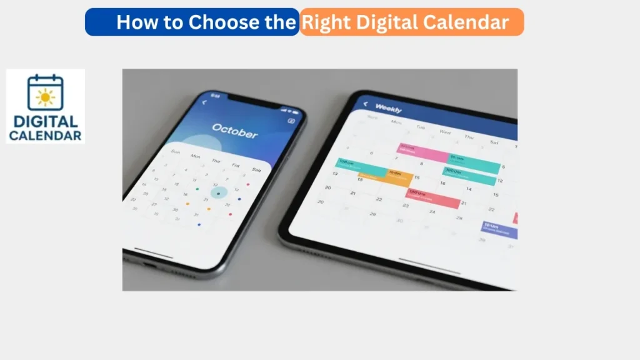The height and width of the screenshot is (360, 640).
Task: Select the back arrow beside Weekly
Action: (365, 104)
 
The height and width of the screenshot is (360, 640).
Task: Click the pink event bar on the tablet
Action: (423, 152)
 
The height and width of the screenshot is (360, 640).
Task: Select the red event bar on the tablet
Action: (433, 198)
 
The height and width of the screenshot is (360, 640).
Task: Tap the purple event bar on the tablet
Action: (499, 230)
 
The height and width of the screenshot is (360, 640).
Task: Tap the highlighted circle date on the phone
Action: (218, 193)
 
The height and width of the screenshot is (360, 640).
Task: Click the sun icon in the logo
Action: (45, 97)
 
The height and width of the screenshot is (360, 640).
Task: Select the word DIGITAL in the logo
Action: (45, 122)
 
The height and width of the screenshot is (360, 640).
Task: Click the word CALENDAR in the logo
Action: (45, 135)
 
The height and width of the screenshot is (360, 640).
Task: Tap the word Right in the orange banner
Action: (322, 22)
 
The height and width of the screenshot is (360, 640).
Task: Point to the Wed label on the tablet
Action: (445, 132)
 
